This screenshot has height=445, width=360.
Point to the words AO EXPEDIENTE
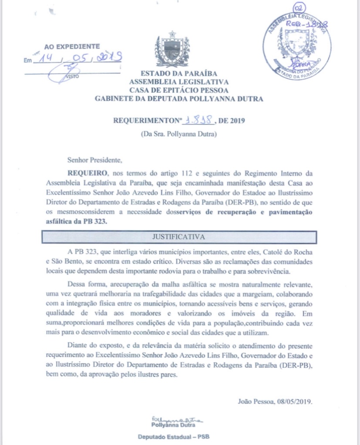pyautogui.click(x=72, y=46)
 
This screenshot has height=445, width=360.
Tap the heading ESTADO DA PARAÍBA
pyautogui.click(x=178, y=74)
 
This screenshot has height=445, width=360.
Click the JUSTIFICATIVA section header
pyautogui.click(x=178, y=237)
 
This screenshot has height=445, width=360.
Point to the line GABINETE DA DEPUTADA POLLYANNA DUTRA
pyautogui.click(x=178, y=99)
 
